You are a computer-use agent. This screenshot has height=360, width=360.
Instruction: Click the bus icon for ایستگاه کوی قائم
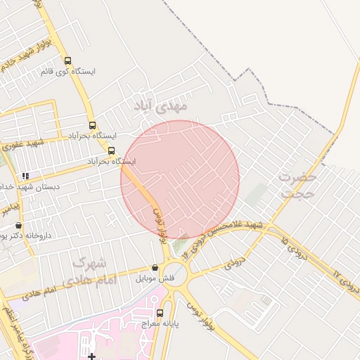tap(67, 61)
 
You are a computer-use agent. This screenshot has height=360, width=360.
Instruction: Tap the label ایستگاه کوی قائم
tap(68, 72)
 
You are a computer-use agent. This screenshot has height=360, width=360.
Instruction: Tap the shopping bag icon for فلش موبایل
tap(155, 268)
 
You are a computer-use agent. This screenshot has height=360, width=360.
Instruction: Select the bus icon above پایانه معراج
tap(160, 314)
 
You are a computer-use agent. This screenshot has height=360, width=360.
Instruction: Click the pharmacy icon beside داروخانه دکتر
tap(18, 226)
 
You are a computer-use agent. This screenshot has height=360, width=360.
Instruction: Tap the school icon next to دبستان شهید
tap(26, 176)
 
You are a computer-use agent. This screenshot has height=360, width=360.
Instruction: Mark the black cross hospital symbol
tap(91, 356)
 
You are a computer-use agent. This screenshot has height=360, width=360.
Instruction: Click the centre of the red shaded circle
tap(180, 179)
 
